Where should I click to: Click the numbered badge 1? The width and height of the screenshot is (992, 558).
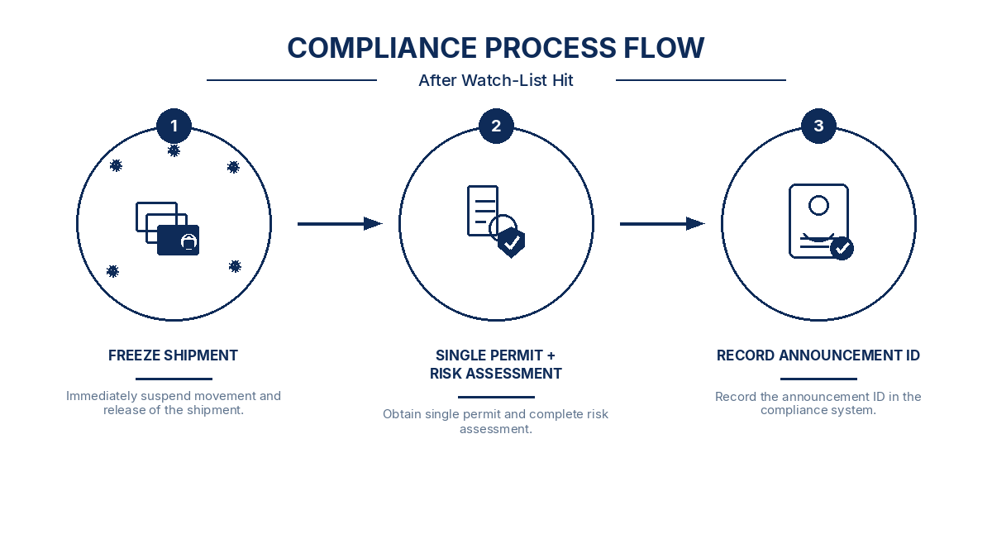pos(174,126)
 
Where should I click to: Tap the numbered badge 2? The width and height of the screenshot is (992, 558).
pos(496,126)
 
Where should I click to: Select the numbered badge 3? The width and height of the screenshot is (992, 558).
pos(818,126)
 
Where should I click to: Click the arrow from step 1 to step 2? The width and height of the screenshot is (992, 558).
pos(340,224)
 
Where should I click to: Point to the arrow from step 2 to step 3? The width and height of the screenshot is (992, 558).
pos(662,224)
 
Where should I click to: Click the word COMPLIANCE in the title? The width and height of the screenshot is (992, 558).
pos(382,48)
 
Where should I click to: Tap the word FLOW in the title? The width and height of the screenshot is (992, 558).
pos(664,48)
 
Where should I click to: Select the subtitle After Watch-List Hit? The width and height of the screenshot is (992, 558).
pos(496,81)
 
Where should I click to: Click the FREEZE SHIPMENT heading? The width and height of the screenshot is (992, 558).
pos(173,355)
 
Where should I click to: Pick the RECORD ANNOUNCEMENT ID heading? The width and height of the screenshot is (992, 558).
pos(818,355)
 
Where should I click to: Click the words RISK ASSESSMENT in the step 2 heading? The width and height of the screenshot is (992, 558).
pos(495,374)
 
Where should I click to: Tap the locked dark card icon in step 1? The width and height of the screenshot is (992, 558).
pos(178,241)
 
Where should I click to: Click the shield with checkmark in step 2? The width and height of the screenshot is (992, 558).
pos(512,242)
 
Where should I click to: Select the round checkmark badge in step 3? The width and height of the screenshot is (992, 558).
pos(842,248)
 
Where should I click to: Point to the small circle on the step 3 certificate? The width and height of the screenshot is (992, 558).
pos(818,206)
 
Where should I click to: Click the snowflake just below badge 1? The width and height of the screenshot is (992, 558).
pos(174,151)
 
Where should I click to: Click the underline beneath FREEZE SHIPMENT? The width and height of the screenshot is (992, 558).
pos(174,379)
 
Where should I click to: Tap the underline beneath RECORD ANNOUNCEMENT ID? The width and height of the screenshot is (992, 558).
pos(818,379)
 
